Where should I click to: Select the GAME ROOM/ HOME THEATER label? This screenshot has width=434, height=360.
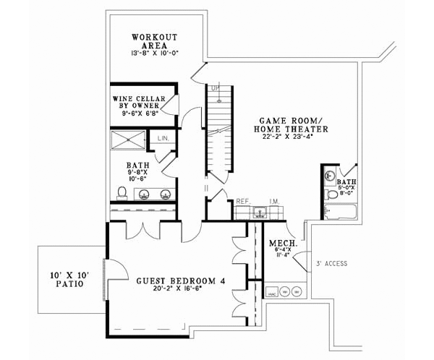click(x=291, y=124)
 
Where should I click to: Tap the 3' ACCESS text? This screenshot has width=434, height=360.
click(x=332, y=264)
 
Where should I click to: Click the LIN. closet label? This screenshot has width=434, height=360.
click(x=163, y=138)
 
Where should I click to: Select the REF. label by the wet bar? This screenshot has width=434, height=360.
click(x=243, y=202)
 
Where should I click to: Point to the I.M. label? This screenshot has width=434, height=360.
click(x=274, y=202)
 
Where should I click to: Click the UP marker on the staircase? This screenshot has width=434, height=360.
click(x=215, y=89)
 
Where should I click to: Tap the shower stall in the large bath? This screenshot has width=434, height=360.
click(x=128, y=140)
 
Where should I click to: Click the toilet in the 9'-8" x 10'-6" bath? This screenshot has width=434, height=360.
click(x=122, y=192)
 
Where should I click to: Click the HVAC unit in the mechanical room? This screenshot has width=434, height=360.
click(x=271, y=293)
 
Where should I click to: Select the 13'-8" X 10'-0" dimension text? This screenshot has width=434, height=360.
click(x=153, y=54)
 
